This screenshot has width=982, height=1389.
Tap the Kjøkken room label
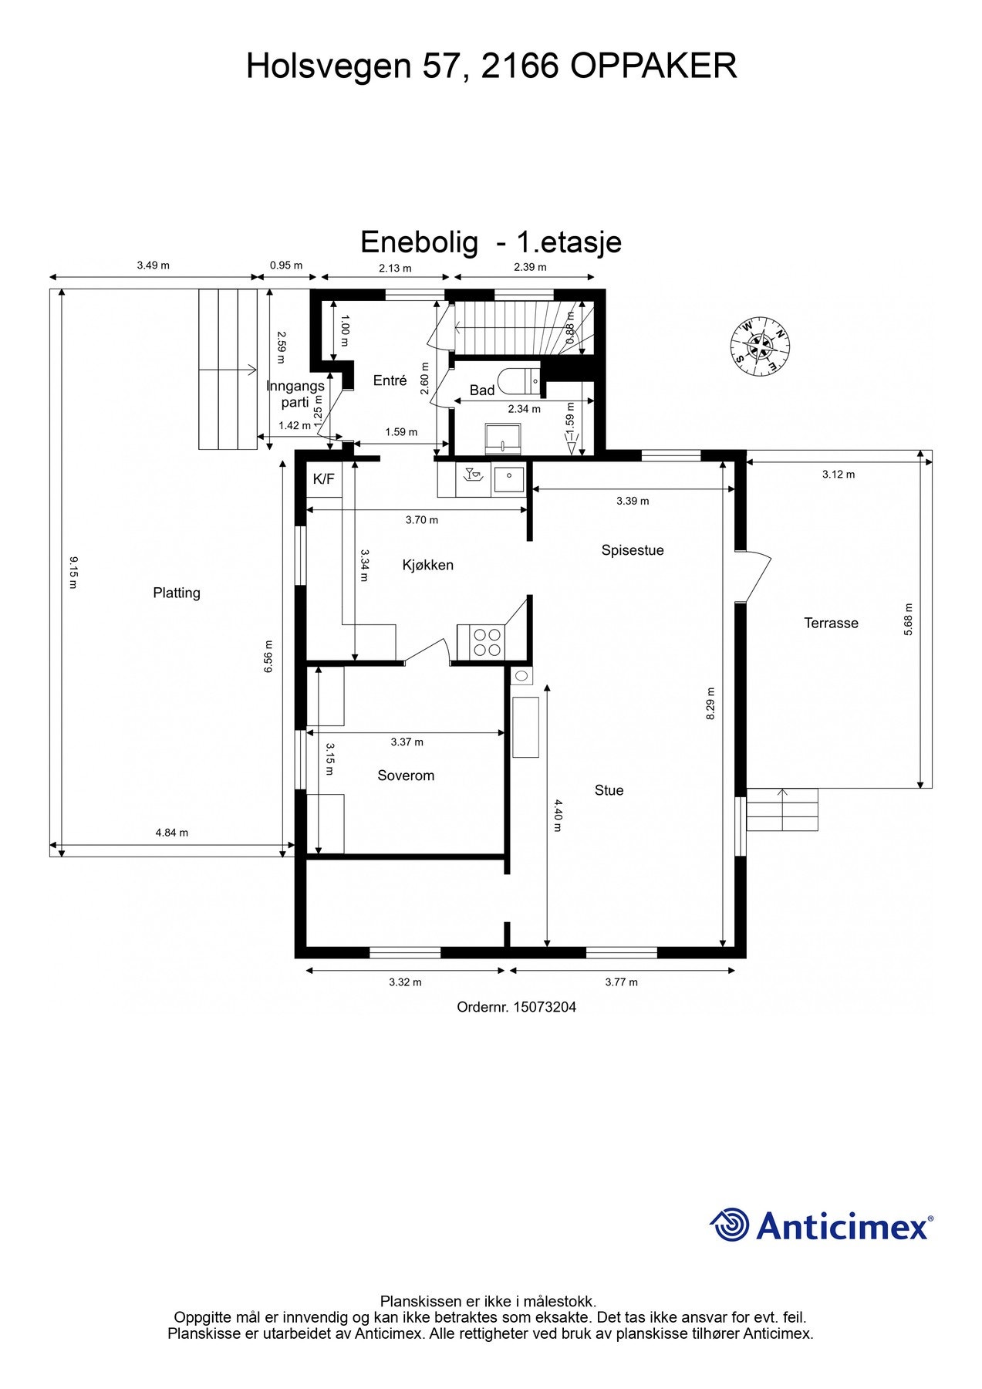pos(427,565)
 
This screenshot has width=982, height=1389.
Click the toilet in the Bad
pos(520,380)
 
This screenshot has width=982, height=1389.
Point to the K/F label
pos(323,479)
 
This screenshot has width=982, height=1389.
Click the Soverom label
pos(405,776)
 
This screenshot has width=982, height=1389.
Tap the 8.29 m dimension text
pos(710,704)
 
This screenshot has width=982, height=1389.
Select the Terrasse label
pos(831,623)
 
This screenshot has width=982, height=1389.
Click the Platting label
pos(177,593)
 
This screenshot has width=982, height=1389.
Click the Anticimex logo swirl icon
pos(730,1225)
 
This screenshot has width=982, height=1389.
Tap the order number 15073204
pos(544,1007)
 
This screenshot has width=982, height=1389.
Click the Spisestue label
pos(632,550)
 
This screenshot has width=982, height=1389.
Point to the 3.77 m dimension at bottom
pos(621,982)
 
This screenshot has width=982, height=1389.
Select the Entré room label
pos(390,380)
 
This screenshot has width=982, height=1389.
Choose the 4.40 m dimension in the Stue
pos(558,815)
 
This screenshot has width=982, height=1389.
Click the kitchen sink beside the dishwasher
pos(508,479)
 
